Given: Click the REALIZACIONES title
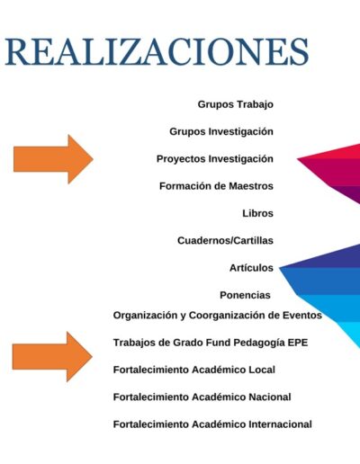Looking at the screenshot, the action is pos(157,51).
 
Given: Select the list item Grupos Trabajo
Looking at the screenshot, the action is pos(236,104).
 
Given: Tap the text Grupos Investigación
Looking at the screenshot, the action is pos(221,131).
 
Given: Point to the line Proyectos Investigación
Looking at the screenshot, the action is pos(215,159).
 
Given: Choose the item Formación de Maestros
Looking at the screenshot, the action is pos(216,186).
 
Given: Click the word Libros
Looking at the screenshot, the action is pos(257,213).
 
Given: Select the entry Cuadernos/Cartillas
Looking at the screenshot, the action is pos(225,240).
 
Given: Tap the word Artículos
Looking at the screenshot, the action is pos(251,267).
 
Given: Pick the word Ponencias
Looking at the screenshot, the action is pos(245,295).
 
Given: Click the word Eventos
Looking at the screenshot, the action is pos(302,315).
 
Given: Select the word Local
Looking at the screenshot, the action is pos(262,370).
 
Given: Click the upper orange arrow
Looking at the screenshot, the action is pos(53,159).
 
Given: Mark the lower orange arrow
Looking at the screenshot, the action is pos(52,356).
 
